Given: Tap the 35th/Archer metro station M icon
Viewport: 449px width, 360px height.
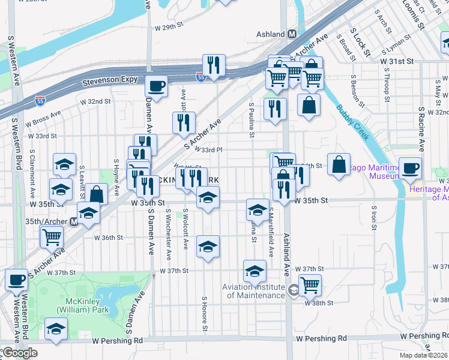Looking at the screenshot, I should click(x=74, y=221).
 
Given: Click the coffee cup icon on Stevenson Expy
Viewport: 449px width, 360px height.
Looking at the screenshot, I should click(x=156, y=86).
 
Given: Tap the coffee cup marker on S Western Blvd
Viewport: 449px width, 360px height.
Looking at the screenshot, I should click(x=16, y=279).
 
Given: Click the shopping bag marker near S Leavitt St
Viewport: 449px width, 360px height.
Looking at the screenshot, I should click(x=96, y=194).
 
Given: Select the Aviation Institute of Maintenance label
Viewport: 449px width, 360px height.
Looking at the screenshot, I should click(x=253, y=291).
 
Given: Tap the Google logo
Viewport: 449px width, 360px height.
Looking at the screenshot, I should click(x=19, y=353).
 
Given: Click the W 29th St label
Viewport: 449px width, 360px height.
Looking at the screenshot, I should click(x=168, y=28).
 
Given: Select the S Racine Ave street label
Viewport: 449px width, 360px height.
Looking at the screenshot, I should click(x=422, y=129).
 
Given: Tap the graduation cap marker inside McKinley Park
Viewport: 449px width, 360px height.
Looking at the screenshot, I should click(x=56, y=329).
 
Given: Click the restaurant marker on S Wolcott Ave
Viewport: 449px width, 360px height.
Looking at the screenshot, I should click(x=183, y=122).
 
